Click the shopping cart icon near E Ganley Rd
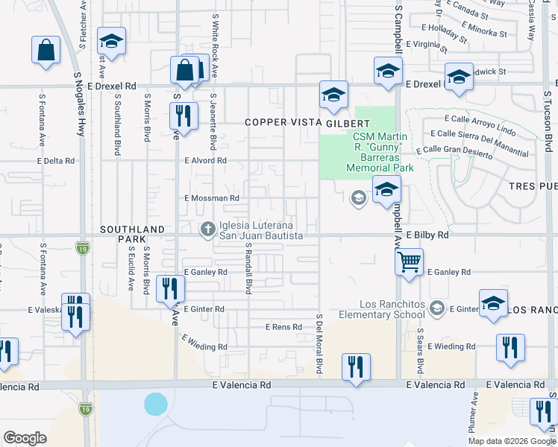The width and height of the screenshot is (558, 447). point(409,262)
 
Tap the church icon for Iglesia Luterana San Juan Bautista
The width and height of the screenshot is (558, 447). point(209,229)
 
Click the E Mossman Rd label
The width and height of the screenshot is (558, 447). point(212,198)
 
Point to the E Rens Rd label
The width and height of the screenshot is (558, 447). point(283,327)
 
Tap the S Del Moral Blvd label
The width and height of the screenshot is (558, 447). point(319,343)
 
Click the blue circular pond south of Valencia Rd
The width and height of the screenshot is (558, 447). point(156,404)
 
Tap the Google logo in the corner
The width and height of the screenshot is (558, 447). point(25,438)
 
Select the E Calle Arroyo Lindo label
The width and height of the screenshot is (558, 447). point(480,119)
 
